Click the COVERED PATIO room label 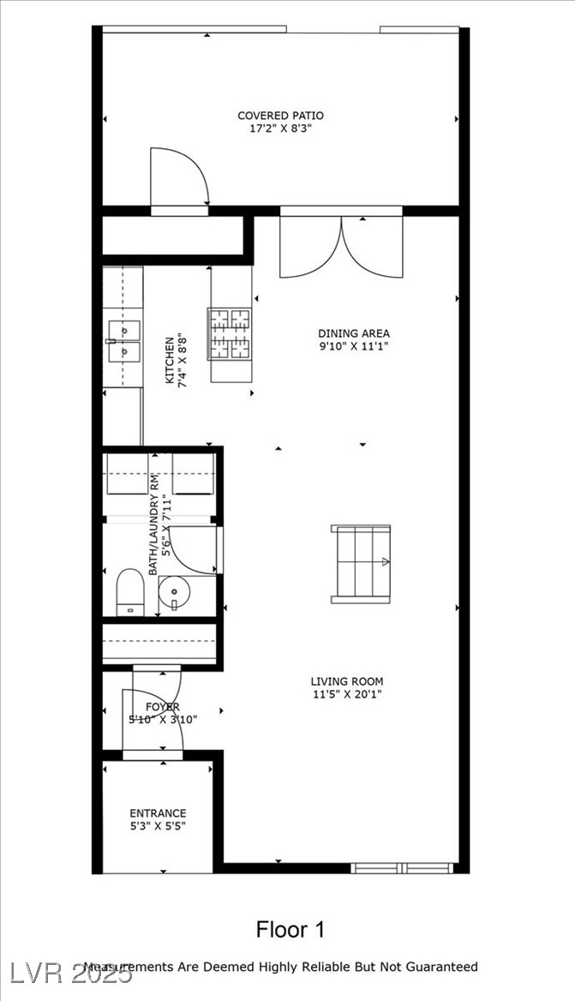[x=280, y=116]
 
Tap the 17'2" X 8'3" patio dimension [x=280, y=129]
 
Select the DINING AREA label [x=354, y=333]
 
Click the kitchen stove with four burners [x=230, y=333]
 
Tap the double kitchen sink [x=123, y=340]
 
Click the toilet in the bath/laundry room [x=129, y=590]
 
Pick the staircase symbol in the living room [x=361, y=564]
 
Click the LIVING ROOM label [x=347, y=682]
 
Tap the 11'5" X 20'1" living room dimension [x=347, y=695]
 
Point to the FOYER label [x=162, y=706]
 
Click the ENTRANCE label [x=158, y=813]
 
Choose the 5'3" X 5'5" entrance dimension [x=158, y=827]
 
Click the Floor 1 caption [x=290, y=929]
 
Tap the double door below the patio [x=341, y=246]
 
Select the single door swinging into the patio [x=179, y=178]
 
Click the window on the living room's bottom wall [x=403, y=867]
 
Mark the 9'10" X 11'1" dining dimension [x=354, y=347]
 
